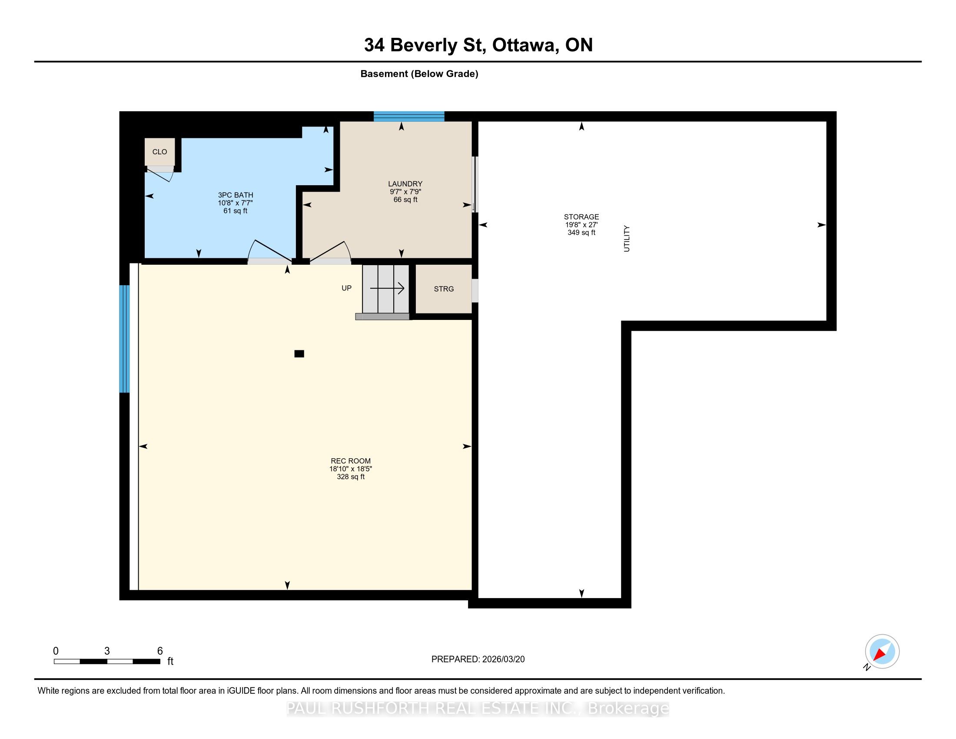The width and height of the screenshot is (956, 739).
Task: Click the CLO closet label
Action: (x=159, y=152)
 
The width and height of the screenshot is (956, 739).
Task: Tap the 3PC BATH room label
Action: (x=236, y=195)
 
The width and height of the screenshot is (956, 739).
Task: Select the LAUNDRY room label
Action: (x=405, y=184)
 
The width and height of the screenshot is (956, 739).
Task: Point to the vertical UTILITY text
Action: (x=626, y=239)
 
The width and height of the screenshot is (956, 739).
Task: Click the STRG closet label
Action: (x=444, y=289)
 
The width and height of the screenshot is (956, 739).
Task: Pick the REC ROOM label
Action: (x=351, y=461)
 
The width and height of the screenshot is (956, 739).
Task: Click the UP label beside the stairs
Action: (x=347, y=288)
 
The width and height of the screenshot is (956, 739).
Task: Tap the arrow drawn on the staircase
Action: (x=387, y=288)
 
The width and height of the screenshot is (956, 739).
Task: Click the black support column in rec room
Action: (x=299, y=354)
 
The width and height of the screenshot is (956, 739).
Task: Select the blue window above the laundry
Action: (x=409, y=116)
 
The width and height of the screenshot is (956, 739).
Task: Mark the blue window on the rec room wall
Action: (x=125, y=339)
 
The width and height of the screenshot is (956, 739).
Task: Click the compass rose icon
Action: (x=882, y=652)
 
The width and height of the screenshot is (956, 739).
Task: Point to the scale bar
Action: (x=107, y=662)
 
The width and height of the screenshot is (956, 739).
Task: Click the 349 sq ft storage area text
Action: (x=581, y=233)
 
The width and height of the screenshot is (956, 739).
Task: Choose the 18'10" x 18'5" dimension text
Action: (x=351, y=469)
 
